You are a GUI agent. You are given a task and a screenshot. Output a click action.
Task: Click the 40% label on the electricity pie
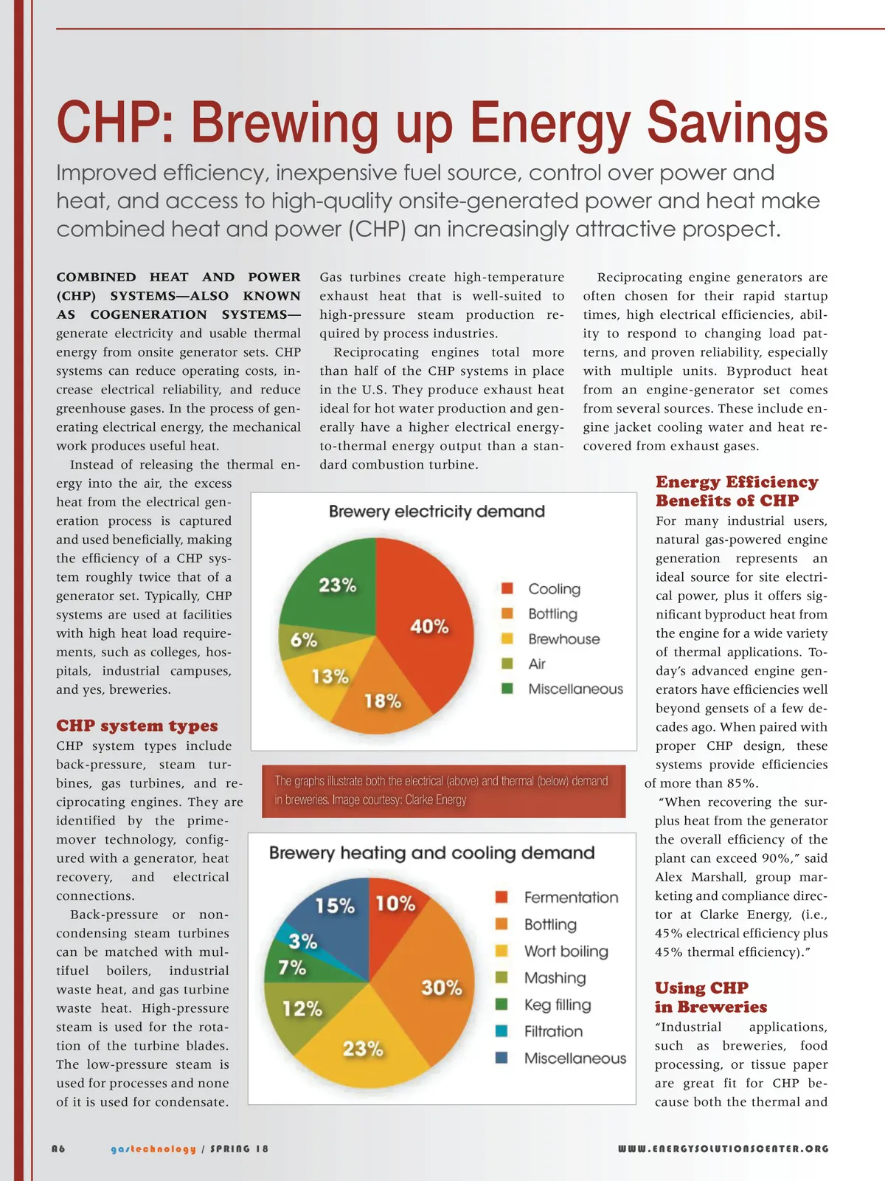pyautogui.click(x=429, y=627)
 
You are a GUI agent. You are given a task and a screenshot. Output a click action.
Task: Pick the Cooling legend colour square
pyautogui.click(x=507, y=588)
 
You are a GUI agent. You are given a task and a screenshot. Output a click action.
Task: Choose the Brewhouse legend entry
pyautogui.click(x=563, y=639)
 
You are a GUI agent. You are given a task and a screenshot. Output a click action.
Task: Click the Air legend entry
pyautogui.click(x=537, y=664)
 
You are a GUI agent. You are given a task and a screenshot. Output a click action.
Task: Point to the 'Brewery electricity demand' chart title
pyautogui.click(x=437, y=512)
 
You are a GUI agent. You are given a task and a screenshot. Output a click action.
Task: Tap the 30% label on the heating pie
pyautogui.click(x=441, y=988)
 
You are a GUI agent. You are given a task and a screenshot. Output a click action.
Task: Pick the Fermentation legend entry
pyautogui.click(x=571, y=898)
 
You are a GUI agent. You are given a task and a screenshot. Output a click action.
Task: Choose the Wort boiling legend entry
pyautogui.click(x=566, y=951)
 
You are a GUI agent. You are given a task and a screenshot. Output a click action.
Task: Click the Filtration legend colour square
pyautogui.click(x=502, y=1031)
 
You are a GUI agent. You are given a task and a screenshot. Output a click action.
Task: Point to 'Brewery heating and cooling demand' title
pyautogui.click(x=431, y=853)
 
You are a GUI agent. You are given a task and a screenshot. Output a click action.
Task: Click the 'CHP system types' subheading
pyautogui.click(x=137, y=726)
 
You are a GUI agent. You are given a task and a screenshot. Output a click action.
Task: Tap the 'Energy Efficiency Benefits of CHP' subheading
pyautogui.click(x=736, y=491)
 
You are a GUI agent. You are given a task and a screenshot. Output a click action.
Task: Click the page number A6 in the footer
pyautogui.click(x=58, y=1149)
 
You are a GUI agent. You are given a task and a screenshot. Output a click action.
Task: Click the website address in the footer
pyautogui.click(x=723, y=1149)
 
